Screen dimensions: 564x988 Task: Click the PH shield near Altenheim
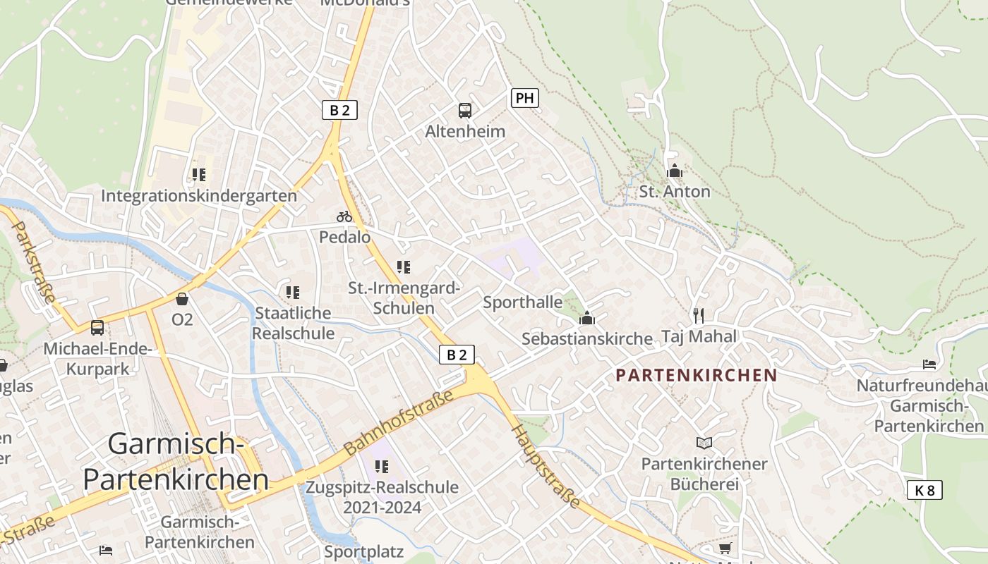[x=524, y=98]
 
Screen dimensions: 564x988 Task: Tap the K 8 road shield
[x=924, y=490]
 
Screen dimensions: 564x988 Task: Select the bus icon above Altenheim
[x=465, y=110]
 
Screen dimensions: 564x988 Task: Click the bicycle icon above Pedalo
[x=344, y=216]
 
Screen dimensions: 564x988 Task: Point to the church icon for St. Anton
[x=675, y=171]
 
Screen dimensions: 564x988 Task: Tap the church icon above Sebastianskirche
[x=587, y=318]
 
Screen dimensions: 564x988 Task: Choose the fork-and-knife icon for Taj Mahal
[x=699, y=315]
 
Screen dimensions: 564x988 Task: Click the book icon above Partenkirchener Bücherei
[x=704, y=443]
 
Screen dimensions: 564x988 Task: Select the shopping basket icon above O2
[x=182, y=299]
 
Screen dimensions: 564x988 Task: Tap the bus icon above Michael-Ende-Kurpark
[x=97, y=328]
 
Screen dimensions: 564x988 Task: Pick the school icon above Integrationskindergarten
[x=199, y=174]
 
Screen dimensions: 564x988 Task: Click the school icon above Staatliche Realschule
[x=293, y=292]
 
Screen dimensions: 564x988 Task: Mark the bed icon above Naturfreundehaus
[x=929, y=364]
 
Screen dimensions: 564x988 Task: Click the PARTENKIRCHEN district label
[x=696, y=375]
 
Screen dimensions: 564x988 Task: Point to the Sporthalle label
[x=523, y=302]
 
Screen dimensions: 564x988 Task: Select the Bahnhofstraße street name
[x=399, y=424]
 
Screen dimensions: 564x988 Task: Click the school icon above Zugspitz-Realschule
[x=382, y=466]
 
